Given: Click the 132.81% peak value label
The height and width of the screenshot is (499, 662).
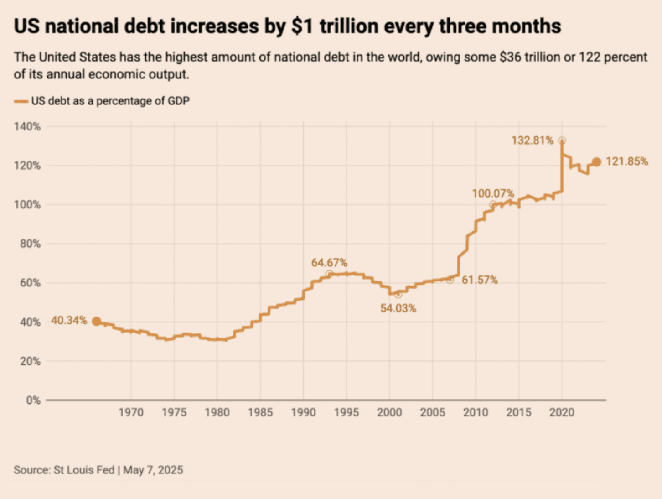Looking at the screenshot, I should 532,140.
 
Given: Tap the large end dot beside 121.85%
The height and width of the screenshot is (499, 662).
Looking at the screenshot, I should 596,162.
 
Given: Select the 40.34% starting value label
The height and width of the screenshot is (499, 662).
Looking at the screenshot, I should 68,321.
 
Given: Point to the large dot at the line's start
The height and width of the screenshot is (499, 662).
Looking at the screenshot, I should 97,322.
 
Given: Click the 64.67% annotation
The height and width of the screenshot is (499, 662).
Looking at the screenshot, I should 329,263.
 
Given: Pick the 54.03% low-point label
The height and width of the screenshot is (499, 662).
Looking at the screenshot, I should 398,308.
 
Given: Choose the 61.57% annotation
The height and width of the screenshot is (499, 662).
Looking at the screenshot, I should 480,280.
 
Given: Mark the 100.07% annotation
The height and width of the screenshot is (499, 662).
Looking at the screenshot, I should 493,193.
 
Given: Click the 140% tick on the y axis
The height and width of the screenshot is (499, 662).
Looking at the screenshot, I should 27,126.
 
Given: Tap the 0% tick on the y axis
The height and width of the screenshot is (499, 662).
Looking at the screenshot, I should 33,400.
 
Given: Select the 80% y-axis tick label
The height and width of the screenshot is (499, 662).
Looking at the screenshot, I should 30,244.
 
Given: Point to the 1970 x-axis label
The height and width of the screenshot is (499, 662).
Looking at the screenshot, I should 131,412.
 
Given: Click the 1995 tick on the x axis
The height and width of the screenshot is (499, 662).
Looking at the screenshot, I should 347,412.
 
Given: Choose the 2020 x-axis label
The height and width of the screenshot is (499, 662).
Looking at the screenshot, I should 562,412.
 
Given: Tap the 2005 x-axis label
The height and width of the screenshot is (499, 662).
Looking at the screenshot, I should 433,412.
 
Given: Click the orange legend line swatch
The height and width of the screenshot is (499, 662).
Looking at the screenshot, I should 21,101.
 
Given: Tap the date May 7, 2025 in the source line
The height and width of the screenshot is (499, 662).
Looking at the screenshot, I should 153,470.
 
